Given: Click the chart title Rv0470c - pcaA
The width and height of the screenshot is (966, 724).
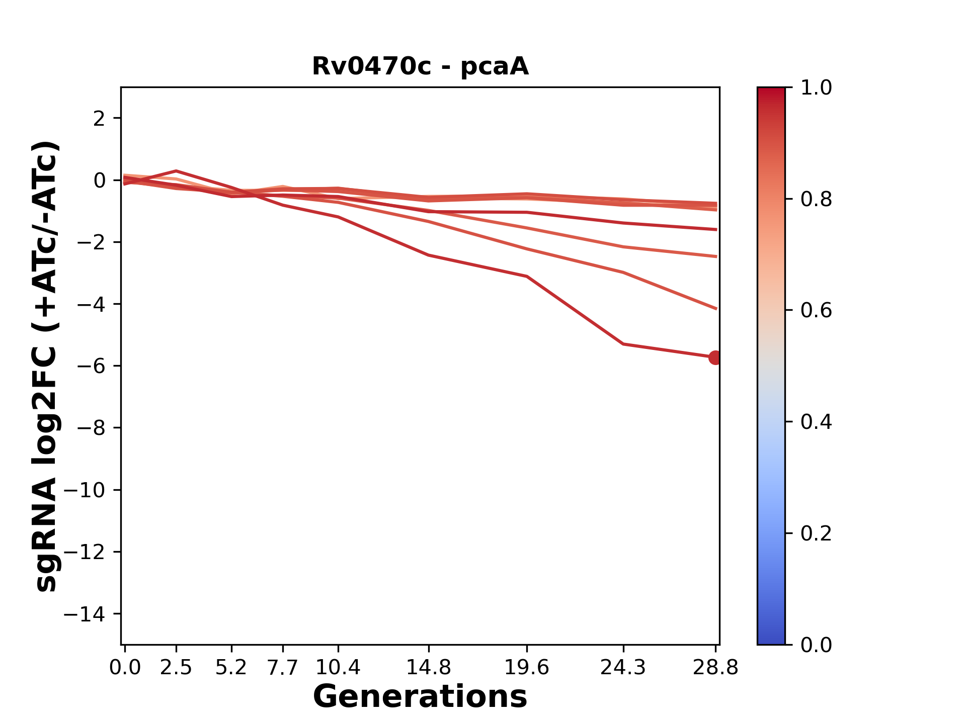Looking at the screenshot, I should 420,66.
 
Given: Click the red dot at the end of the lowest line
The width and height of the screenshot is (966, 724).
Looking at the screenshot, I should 715,357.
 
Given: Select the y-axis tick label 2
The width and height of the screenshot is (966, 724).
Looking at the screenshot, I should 99,119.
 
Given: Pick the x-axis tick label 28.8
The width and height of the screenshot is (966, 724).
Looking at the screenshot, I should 715,668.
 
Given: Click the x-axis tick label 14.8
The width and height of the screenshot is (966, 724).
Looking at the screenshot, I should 428,668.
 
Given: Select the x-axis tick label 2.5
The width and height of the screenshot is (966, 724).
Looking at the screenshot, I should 176,668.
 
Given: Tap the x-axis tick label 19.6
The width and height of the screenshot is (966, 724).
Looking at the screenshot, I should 526,668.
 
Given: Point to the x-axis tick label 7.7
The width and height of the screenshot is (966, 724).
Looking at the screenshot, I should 283,668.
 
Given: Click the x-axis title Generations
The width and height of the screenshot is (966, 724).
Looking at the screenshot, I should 420,697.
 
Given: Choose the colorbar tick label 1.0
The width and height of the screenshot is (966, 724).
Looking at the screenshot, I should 816,88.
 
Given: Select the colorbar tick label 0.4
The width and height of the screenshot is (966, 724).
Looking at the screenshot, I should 816,422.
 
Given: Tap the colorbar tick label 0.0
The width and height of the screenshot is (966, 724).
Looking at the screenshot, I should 816,645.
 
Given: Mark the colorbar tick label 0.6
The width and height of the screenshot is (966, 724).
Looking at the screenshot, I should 816,310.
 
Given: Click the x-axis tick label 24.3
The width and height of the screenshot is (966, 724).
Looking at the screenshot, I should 623,668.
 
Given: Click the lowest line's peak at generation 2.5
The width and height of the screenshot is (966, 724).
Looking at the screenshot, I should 176,171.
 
